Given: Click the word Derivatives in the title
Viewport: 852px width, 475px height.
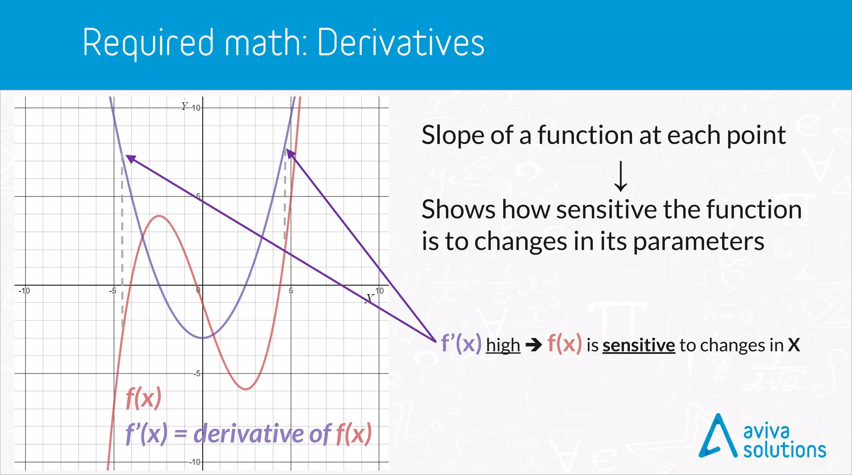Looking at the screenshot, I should click(401, 42).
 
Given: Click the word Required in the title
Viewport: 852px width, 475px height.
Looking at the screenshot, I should click(148, 43).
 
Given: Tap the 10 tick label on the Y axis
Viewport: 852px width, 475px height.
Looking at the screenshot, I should click(196, 108).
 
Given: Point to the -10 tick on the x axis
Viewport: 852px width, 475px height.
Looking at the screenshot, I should click(25, 291).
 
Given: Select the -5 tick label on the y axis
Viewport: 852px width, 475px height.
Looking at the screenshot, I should click(196, 373).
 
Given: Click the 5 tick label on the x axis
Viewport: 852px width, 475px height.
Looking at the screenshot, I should click(291, 291).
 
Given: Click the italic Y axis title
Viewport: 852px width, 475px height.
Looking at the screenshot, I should click(184, 106).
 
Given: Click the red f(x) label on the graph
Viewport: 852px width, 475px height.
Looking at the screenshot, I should click(143, 398).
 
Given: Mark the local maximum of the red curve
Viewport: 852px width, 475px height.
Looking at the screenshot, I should click(159, 216).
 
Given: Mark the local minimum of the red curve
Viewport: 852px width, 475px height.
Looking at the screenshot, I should click(246, 389).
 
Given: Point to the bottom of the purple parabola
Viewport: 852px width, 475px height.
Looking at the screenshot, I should click(203, 338).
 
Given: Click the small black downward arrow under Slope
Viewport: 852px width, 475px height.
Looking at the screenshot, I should click(621, 177).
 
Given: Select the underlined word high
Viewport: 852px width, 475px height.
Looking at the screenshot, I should click(503, 345).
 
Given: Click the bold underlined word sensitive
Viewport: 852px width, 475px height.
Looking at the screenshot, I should click(639, 345).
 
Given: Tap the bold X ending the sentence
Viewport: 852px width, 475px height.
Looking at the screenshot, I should click(794, 345).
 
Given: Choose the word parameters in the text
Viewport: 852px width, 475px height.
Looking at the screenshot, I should click(698, 241).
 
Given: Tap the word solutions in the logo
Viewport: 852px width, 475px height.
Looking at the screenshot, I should click(784, 450).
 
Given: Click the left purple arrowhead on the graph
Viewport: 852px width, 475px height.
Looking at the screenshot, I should click(130, 159).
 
